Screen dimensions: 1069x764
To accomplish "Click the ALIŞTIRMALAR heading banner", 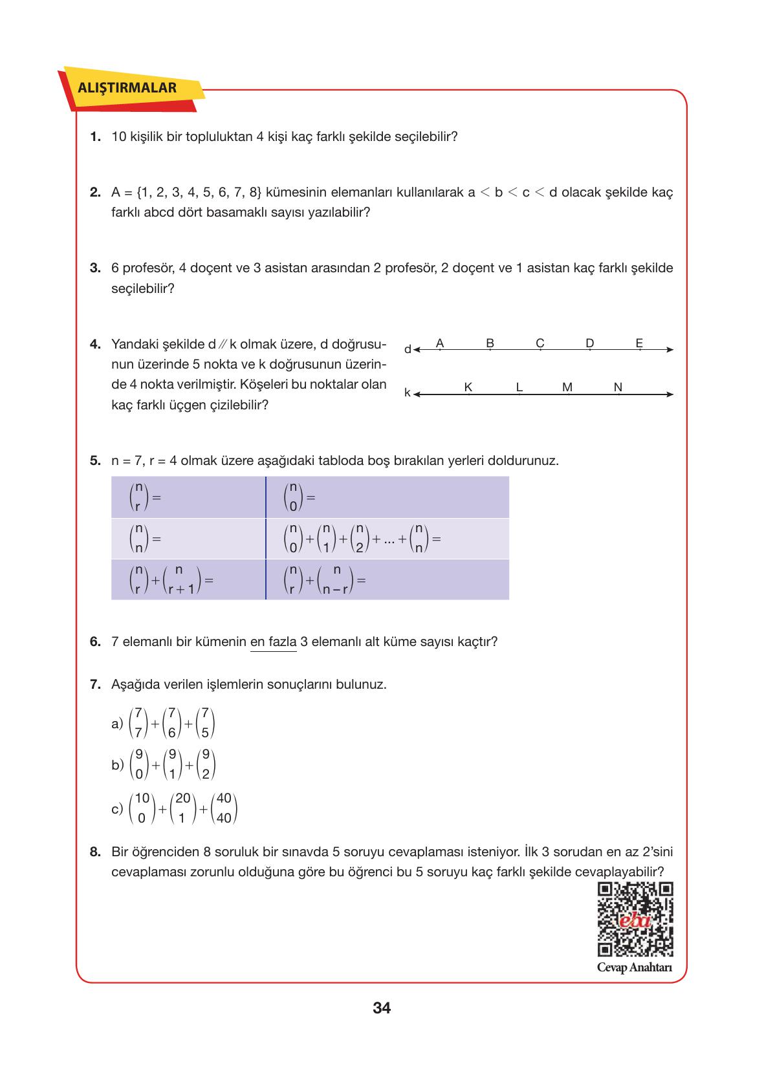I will click(127, 88).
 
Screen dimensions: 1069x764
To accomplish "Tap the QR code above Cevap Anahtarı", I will click(635, 919).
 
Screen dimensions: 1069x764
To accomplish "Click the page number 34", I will click(382, 1008).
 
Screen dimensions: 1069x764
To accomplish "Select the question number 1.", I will click(95, 136).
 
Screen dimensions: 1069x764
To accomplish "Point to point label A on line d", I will click(440, 342).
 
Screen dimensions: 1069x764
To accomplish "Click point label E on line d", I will click(639, 342).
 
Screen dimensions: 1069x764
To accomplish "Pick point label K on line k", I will click(468, 387).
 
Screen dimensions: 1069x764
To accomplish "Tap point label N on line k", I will click(618, 387).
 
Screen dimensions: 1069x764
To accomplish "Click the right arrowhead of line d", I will click(670, 350).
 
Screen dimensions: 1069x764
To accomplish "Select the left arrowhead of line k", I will click(417, 394).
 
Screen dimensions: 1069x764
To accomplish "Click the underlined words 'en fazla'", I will click(273, 642).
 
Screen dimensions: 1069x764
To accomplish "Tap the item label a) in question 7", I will click(117, 724).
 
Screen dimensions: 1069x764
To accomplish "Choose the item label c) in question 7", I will click(117, 808).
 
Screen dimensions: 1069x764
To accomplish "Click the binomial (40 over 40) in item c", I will click(224, 808).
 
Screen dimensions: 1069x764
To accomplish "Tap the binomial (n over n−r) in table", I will click(336, 580).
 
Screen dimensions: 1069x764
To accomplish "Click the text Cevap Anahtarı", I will click(634, 967).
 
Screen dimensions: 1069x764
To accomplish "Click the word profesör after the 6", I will click(144, 268).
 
